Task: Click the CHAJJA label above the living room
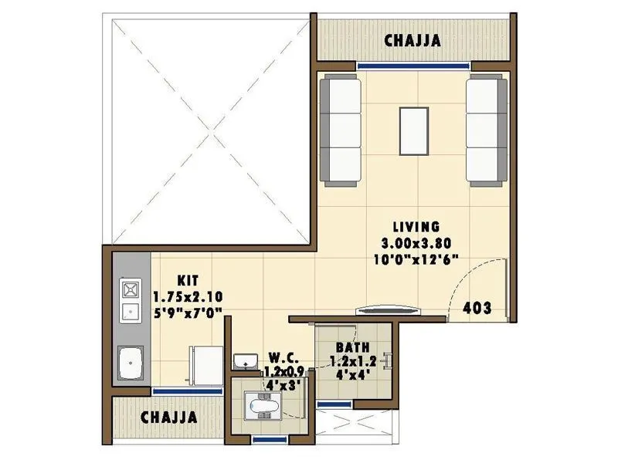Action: click(x=415, y=41)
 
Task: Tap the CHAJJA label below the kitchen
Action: click(x=168, y=417)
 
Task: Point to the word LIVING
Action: click(x=416, y=227)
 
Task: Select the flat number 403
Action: click(x=477, y=307)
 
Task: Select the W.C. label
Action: click(x=280, y=357)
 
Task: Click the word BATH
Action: click(x=351, y=347)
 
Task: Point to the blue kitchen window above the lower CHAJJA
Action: click(x=177, y=391)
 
